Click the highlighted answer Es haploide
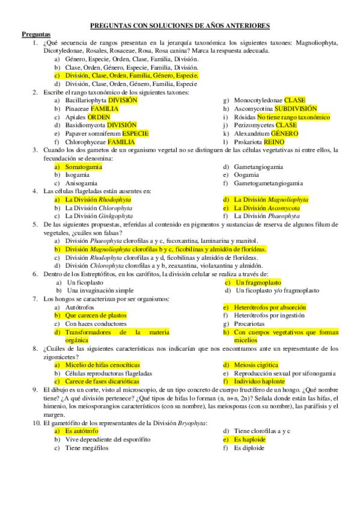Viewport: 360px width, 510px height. (x=250, y=440)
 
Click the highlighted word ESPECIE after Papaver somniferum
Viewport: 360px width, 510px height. (x=135, y=133)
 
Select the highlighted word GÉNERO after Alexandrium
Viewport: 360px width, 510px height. (x=285, y=133)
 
